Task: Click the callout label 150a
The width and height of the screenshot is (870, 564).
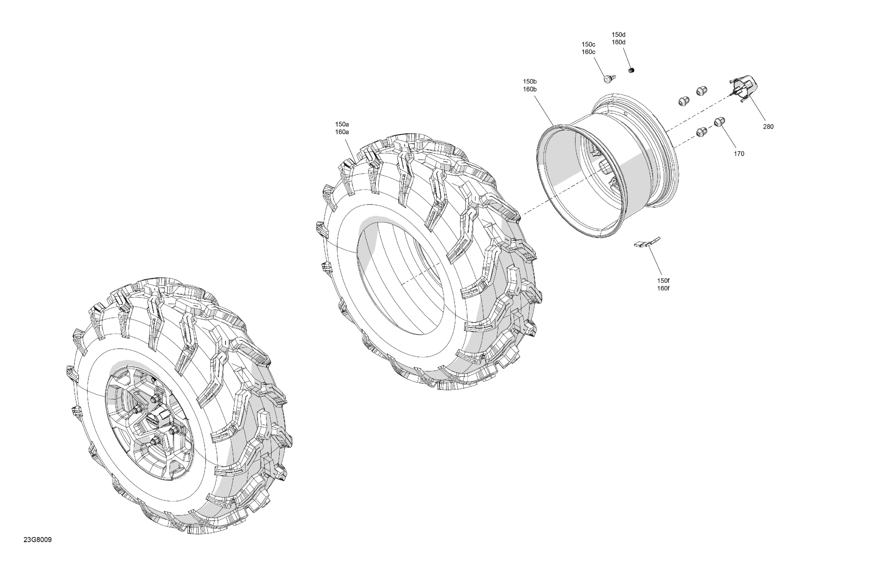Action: pos(342,124)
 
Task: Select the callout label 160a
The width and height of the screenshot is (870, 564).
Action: pos(342,132)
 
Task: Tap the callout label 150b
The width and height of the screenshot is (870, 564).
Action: pos(530,82)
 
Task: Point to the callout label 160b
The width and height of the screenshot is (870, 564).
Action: pos(530,89)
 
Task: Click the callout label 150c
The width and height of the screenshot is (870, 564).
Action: pos(589,44)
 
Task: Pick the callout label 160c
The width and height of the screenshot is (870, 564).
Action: pos(589,52)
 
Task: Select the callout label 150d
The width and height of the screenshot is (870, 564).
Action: pos(618,35)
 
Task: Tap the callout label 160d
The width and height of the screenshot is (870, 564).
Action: pos(618,42)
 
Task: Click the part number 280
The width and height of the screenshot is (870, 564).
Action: pos(768,126)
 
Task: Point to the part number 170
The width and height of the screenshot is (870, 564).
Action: pos(739,154)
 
